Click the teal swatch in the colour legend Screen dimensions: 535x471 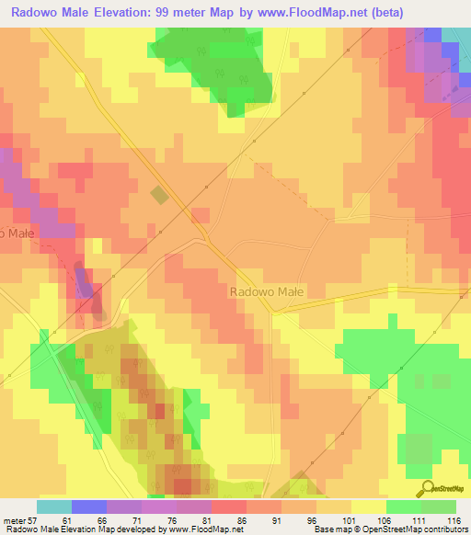pos(53,507)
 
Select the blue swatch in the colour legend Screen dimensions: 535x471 pos(88,507)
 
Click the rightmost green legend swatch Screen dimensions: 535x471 pos(438,507)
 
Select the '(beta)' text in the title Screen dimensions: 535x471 pos(380,14)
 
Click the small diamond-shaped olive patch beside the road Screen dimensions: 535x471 pos(160,195)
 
